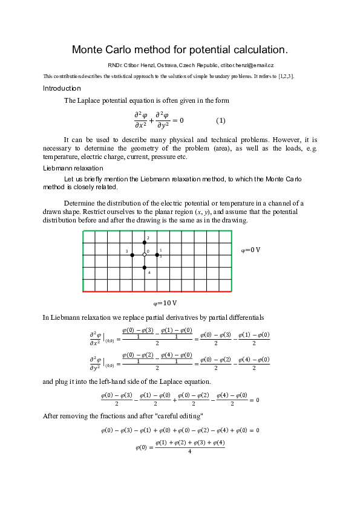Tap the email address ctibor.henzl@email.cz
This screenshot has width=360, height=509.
tap(247, 65)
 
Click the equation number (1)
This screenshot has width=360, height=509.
tap(221, 120)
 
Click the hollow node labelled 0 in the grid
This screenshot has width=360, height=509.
tap(145, 255)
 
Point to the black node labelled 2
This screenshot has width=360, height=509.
tap(145, 242)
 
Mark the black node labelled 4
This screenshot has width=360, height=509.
tap(145, 267)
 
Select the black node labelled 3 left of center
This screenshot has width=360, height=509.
tap(132, 255)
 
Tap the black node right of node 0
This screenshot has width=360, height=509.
tap(157, 255)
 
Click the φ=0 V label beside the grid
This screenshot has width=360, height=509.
tap(250, 250)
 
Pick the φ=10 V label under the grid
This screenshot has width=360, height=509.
tap(165, 302)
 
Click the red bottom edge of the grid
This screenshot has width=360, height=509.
tap(157, 292)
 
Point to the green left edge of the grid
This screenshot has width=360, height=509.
tap(82, 261)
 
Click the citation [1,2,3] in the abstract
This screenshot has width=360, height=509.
tap(286, 76)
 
